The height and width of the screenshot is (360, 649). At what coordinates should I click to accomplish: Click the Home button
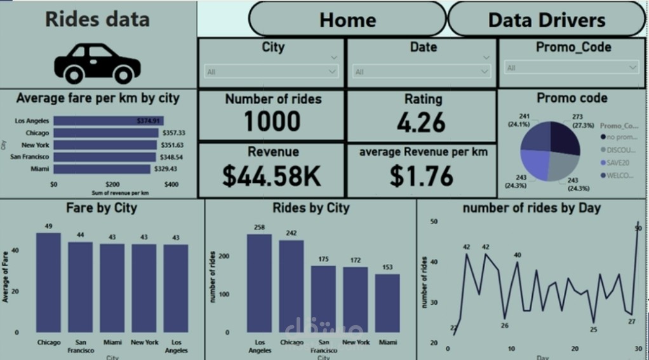click(x=347, y=20)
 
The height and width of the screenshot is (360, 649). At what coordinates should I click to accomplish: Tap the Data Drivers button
click(x=546, y=20)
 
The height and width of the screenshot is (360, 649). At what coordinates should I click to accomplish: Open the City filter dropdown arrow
click(x=332, y=72)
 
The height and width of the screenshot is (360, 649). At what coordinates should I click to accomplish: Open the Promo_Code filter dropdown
click(x=572, y=67)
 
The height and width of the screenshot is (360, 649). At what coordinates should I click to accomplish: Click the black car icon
click(x=97, y=63)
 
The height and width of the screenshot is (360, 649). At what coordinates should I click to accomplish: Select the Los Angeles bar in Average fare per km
click(x=108, y=121)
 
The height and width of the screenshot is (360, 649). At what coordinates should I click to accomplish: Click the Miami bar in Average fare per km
click(x=102, y=169)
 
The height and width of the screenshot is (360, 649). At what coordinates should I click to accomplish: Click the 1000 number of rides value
click(x=272, y=121)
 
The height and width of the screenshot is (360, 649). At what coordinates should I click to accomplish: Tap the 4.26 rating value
click(x=422, y=123)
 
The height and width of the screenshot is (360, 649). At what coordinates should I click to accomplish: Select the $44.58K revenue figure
click(x=272, y=176)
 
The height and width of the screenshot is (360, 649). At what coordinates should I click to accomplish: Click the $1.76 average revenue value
click(x=422, y=176)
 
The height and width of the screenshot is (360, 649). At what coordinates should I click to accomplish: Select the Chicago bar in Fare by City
click(x=48, y=283)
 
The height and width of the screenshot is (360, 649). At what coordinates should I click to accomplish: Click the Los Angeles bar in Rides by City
click(x=259, y=283)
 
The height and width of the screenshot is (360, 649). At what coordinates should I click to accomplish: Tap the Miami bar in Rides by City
click(x=387, y=303)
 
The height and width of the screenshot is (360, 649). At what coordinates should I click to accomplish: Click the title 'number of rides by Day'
click(x=532, y=208)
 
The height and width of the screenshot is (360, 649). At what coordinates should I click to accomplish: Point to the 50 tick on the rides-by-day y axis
click(x=434, y=221)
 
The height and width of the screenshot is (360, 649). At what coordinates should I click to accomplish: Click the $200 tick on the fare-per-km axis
click(x=112, y=184)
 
